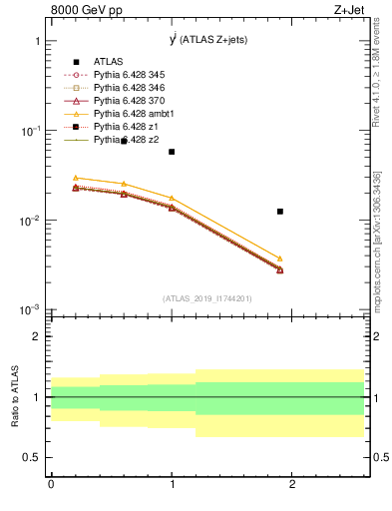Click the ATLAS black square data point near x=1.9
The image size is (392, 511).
pos(280,212)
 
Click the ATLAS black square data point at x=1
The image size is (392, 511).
pos(172,152)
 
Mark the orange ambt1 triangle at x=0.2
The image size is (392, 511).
pos(75,178)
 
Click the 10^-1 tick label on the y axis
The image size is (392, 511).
pos(29,131)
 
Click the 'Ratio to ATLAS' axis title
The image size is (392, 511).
pos(15,397)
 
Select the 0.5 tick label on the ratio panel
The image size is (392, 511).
pos(31,457)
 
